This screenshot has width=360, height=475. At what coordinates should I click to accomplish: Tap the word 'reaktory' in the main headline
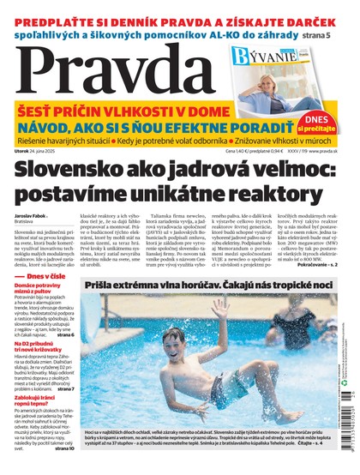coord(288,194)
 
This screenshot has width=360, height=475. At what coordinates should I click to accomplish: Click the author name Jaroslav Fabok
coord(39,214)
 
